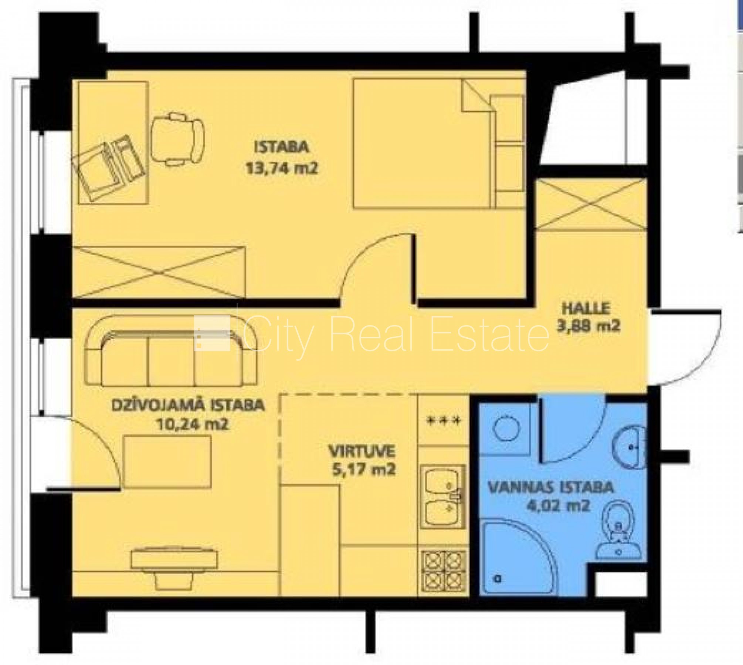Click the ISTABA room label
[281, 147]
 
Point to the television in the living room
[174, 570]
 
